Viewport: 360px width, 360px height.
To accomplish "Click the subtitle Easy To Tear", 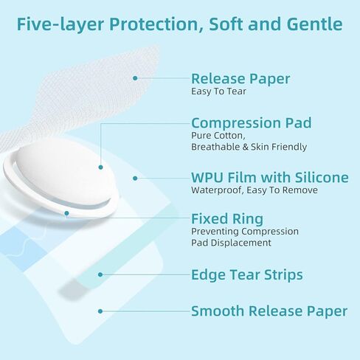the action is pyautogui.click(x=218, y=91).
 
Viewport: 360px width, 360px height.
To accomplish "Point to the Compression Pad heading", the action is pyautogui.click(x=252, y=122).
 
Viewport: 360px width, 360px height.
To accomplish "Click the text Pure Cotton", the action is pyautogui.click(x=218, y=136).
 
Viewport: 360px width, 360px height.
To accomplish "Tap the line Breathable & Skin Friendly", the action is pyautogui.click(x=249, y=147).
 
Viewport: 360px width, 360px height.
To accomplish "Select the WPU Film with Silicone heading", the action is pyautogui.click(x=270, y=177).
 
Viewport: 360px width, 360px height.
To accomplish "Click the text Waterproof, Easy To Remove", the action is pyautogui.click(x=255, y=190).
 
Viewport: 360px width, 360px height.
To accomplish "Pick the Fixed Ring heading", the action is pyautogui.click(x=227, y=219).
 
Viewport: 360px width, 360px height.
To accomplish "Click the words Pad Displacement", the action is pyautogui.click(x=231, y=243).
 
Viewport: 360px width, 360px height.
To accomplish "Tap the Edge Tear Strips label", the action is pyautogui.click(x=247, y=274).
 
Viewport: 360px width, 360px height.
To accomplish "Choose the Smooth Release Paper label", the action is pyautogui.click(x=269, y=311).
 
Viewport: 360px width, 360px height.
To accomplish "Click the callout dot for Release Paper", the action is pyautogui.click(x=135, y=78).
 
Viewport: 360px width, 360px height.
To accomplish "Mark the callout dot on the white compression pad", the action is pyautogui.click(x=100, y=167).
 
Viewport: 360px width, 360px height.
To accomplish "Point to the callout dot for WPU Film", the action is pyautogui.click(x=135, y=179).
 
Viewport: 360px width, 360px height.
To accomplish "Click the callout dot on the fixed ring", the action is pyautogui.click(x=66, y=213).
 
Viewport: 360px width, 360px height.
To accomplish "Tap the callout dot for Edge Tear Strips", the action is pyautogui.click(x=100, y=274).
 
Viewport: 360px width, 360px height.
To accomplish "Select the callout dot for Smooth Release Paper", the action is pyautogui.click(x=100, y=311).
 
